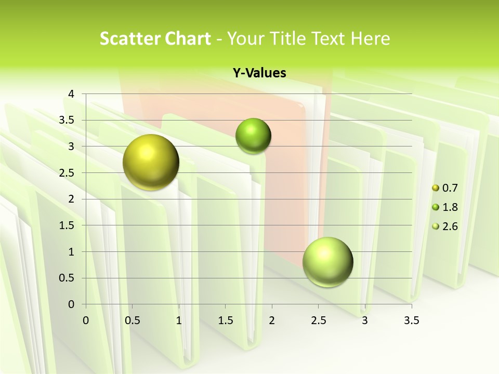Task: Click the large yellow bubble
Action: click(151, 162)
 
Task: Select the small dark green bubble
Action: click(253, 136)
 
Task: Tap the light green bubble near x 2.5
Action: click(327, 262)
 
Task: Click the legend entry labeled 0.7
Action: click(445, 188)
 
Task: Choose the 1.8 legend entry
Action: click(445, 207)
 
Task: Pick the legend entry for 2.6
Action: click(445, 226)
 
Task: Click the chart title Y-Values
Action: click(259, 73)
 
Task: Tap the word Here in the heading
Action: click(370, 38)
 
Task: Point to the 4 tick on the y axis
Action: click(71, 94)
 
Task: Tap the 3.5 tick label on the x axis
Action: click(411, 320)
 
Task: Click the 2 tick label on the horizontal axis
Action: click(272, 320)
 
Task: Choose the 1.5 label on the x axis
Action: click(225, 320)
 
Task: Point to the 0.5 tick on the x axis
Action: click(132, 320)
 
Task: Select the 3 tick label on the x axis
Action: click(365, 320)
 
